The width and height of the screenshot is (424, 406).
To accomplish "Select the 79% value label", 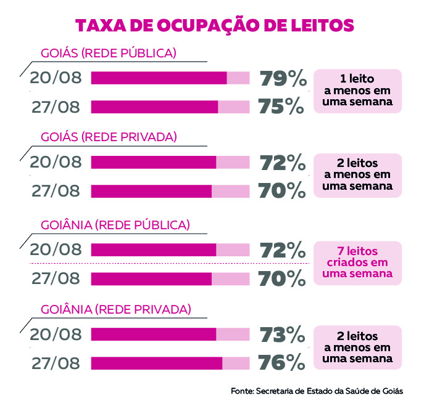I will (x=282, y=78).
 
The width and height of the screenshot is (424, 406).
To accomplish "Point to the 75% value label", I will (x=282, y=107).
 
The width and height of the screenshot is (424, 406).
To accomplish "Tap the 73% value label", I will (x=282, y=334).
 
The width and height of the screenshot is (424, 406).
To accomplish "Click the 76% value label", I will (x=282, y=362).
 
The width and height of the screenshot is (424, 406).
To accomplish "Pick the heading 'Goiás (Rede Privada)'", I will (x=109, y=137).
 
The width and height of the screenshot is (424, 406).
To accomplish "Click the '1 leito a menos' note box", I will (x=358, y=91).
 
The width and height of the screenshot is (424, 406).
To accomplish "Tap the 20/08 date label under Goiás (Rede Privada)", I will (x=56, y=163).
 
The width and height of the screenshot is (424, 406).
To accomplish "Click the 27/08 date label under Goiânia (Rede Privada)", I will (x=56, y=363).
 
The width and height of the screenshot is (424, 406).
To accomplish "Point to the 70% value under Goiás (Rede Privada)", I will (x=282, y=191).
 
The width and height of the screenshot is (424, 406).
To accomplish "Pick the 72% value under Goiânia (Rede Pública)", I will (x=282, y=250).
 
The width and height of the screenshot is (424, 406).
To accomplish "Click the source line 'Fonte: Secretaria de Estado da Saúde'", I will (x=317, y=391).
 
